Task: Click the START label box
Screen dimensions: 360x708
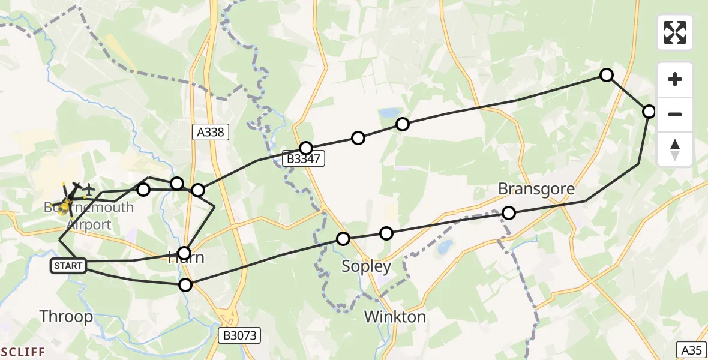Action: coord(68,265)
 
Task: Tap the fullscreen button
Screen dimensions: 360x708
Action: coord(675,32)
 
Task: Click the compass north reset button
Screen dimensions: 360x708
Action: coord(675,149)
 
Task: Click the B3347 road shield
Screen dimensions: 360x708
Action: coord(305,158)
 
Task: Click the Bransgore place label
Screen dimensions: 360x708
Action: coord(536,190)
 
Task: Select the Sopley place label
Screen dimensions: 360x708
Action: coord(366,266)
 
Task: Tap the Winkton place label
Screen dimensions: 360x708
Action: coord(395,317)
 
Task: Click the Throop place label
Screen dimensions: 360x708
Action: coord(66,316)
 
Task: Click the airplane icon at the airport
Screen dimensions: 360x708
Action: coord(89,190)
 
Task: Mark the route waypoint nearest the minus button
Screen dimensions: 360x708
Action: coord(649,112)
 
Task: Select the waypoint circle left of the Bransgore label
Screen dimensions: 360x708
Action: coord(509,212)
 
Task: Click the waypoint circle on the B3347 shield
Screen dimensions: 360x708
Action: coord(306,148)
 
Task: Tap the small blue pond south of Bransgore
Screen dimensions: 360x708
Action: coord(445,247)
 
